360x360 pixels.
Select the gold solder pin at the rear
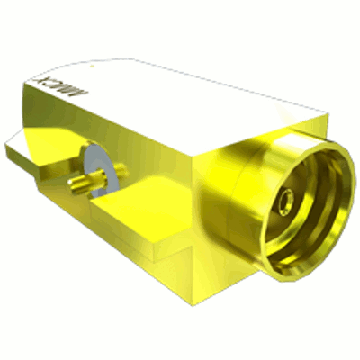[x=85, y=186]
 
